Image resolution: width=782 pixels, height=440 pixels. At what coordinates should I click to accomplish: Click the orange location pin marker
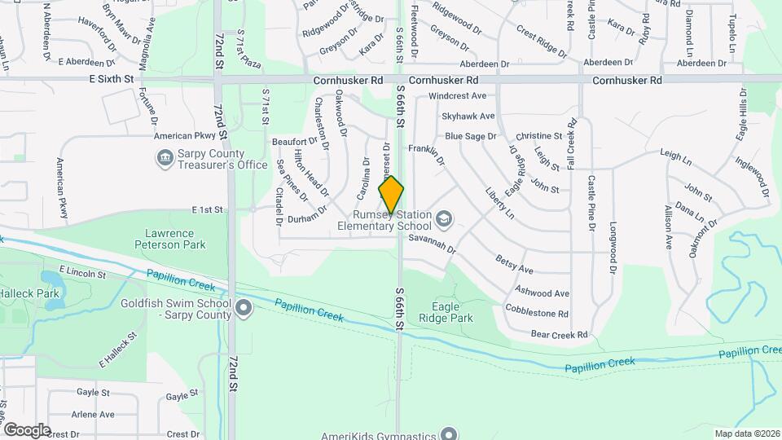tap(392, 195)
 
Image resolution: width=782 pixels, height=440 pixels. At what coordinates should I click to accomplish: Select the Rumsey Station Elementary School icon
tap(444, 218)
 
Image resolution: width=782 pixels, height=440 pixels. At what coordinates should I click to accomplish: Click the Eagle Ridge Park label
tap(451, 312)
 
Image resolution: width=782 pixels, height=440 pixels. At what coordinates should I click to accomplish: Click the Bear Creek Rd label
tap(559, 334)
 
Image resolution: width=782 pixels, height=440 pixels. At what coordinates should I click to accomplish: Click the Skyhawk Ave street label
tap(469, 116)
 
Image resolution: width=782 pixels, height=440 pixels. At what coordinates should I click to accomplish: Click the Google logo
tap(26, 429)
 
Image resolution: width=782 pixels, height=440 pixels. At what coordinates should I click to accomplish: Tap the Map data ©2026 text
tap(746, 433)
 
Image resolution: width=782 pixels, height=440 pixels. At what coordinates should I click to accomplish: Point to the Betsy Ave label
tap(514, 264)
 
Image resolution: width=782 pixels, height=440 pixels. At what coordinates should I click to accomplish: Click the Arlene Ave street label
tap(92, 415)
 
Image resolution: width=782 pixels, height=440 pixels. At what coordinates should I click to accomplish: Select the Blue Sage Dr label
tap(470, 136)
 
